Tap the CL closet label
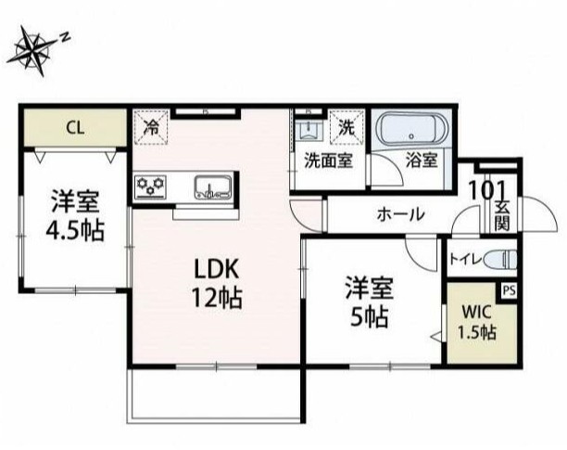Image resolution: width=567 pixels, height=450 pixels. [74, 127]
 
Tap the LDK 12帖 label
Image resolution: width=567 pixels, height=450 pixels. [217, 282]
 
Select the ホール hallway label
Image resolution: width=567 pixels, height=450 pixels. [400, 214]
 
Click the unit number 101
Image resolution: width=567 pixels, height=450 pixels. [487, 189]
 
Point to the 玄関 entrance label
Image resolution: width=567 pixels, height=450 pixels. [501, 215]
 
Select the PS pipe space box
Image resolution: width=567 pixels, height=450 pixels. [509, 289]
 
